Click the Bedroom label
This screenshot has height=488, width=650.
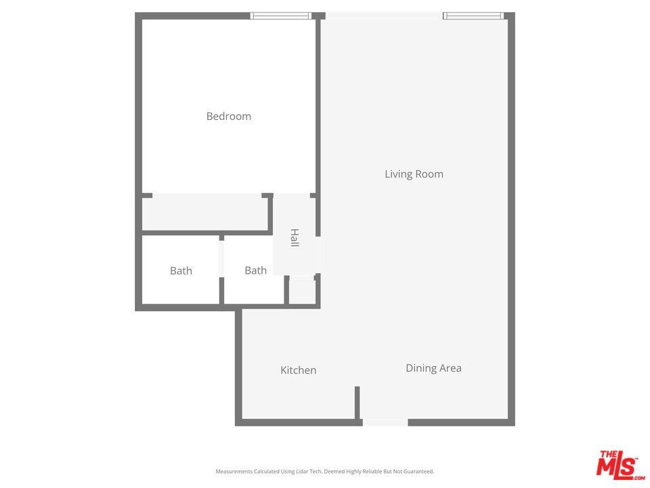tap(228, 117)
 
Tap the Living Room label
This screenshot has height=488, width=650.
tap(414, 174)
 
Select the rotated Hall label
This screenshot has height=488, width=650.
tap(295, 237)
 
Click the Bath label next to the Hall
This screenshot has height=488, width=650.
tap(255, 270)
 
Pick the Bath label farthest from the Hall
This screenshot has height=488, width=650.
tap(181, 271)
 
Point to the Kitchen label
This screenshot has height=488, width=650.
tap(298, 370)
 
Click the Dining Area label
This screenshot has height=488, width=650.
tap(433, 368)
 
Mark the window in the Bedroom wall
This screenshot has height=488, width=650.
tap(281, 16)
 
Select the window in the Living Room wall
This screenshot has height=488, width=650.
tap(473, 16)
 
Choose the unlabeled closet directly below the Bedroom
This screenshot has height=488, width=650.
tap(204, 214)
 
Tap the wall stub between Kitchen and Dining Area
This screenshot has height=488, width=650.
tap(357, 403)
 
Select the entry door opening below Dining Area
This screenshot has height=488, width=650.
tap(385, 422)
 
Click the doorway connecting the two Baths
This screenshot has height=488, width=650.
tap(221, 258)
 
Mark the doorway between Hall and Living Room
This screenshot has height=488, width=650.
tap(318, 255)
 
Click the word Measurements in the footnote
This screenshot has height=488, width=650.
tap(234, 471)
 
